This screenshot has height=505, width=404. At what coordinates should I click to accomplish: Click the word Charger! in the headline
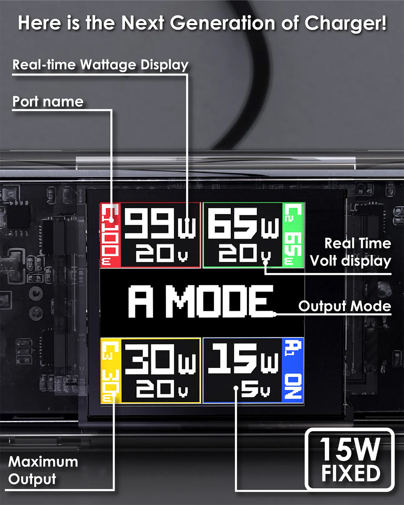tap(346, 24)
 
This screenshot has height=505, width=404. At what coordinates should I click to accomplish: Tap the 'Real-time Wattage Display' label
tap(101, 65)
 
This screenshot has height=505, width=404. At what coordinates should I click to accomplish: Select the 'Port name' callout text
tap(48, 102)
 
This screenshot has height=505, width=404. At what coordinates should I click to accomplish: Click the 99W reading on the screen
tap(160, 223)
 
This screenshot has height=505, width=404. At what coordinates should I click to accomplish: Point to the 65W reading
tap(243, 223)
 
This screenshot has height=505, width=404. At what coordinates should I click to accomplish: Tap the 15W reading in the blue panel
tap(243, 358)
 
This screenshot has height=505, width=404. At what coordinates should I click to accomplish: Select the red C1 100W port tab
tap(110, 235)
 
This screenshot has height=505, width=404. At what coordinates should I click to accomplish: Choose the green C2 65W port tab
tap(293, 235)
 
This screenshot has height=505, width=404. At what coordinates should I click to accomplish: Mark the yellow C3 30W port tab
tap(111, 371)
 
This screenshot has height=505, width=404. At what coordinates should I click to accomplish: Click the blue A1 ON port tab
tap(292, 370)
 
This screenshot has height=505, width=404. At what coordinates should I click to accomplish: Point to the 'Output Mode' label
tap(345, 306)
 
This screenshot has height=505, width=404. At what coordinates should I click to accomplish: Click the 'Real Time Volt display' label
tap(350, 252)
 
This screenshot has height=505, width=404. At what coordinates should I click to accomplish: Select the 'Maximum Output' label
tap(43, 470)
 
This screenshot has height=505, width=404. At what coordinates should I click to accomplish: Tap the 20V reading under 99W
tap(162, 253)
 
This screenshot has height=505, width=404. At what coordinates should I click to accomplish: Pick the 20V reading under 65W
tap(245, 253)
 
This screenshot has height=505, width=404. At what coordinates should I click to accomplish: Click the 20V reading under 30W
tap(162, 388)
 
